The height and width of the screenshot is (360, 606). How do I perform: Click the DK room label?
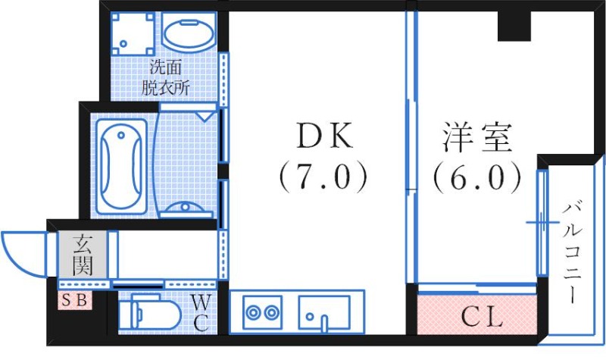(x=322, y=136)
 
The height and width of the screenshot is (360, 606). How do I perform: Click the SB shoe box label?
(x=75, y=301)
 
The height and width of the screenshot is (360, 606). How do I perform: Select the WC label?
(x=200, y=313)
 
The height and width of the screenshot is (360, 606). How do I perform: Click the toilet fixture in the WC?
(x=152, y=312)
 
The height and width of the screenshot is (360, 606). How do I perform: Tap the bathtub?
(x=120, y=161)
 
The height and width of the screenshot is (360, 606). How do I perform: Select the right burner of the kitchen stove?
(x=271, y=311)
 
